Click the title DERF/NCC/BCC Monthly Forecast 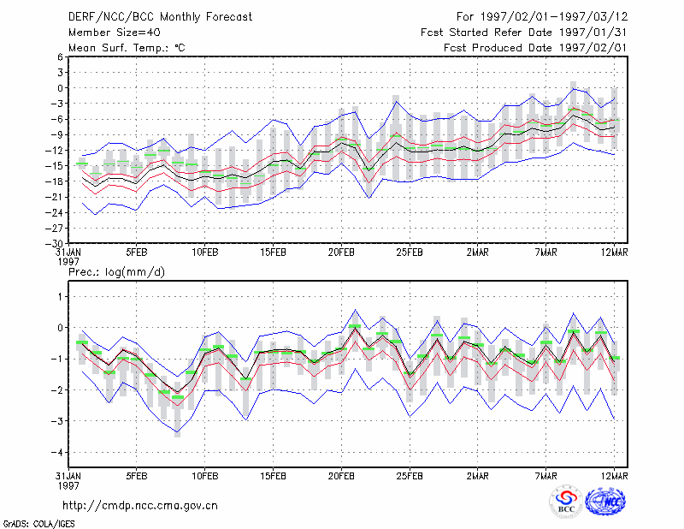(x=160, y=17)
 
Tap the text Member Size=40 (x=115, y=33)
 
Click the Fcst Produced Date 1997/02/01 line (x=535, y=48)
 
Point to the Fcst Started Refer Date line (x=524, y=33)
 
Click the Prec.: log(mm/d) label (x=116, y=272)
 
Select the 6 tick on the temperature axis (x=60, y=56)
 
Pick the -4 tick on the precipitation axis (x=57, y=452)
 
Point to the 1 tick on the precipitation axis (x=60, y=297)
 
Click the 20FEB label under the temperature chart (x=341, y=253)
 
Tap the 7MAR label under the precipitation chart (x=545, y=476)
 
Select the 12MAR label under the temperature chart (x=614, y=253)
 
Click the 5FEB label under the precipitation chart (x=137, y=476)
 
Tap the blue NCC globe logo (x=605, y=501)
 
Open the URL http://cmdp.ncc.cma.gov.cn (x=140, y=506)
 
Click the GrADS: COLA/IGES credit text (x=38, y=524)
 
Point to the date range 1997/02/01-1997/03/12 (x=554, y=17)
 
